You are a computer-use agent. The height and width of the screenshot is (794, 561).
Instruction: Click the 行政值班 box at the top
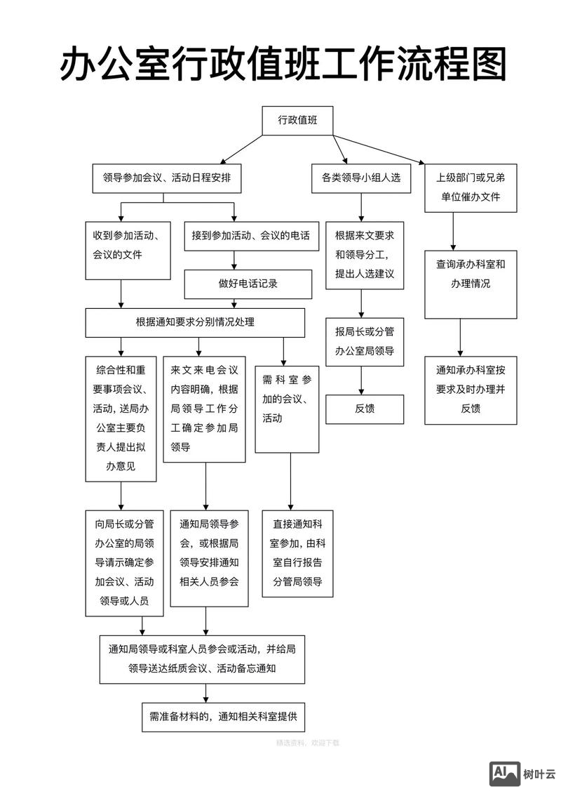click(x=297, y=120)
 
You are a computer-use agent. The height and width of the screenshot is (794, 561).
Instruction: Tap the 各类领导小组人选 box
click(x=361, y=178)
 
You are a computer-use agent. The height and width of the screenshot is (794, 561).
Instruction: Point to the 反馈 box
click(x=365, y=409)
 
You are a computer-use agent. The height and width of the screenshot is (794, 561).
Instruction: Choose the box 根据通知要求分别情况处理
click(x=195, y=322)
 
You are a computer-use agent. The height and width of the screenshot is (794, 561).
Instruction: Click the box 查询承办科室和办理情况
click(x=471, y=274)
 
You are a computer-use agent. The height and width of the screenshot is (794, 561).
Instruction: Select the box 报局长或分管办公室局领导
click(x=365, y=341)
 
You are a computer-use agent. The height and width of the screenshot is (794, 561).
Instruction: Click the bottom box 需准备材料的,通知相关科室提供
click(x=223, y=717)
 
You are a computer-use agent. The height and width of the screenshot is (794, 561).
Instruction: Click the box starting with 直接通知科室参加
click(x=297, y=553)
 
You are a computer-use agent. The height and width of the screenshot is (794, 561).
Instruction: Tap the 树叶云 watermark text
click(x=539, y=774)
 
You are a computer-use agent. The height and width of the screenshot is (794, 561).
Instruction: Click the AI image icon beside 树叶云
click(x=505, y=774)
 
